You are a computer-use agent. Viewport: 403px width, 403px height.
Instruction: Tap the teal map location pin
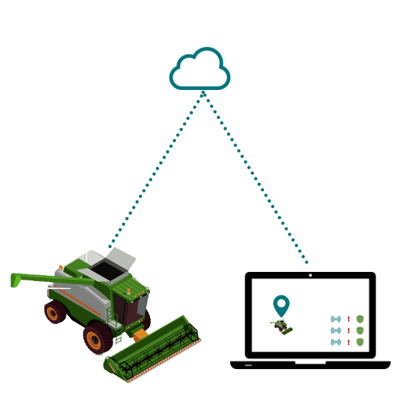tap(281, 305)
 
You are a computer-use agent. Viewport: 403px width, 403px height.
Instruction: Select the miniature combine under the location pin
tap(282, 326)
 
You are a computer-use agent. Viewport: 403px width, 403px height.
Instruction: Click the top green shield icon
tap(359, 319)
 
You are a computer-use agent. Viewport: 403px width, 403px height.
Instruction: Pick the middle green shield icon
tap(359, 331)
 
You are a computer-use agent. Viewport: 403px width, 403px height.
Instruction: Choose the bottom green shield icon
tap(359, 342)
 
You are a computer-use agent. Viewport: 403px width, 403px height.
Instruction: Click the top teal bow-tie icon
tap(336, 319)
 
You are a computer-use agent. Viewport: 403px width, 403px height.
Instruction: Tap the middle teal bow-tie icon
tap(336, 331)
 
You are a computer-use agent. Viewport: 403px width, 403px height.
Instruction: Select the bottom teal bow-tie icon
tap(336, 342)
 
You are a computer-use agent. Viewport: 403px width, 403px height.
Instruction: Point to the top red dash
tap(348, 319)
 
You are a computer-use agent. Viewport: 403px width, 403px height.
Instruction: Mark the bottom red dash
tap(348, 342)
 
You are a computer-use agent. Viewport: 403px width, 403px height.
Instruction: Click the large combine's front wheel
tap(98, 338)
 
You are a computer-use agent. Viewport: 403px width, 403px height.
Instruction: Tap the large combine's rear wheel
tap(55, 312)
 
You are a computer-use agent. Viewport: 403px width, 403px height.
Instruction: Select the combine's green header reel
tap(153, 349)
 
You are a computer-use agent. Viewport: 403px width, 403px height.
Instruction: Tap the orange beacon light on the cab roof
tap(128, 291)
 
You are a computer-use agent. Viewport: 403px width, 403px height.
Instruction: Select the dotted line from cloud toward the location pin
tap(254, 176)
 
